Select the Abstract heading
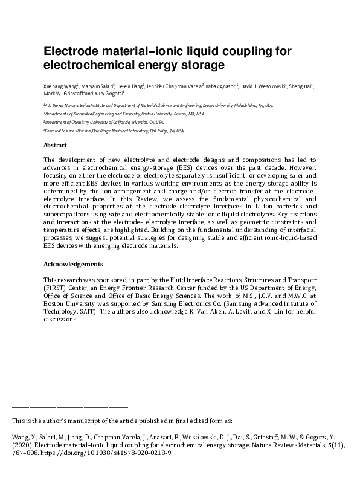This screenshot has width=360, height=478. pos(55,146)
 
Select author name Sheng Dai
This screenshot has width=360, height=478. pos(301,86)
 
